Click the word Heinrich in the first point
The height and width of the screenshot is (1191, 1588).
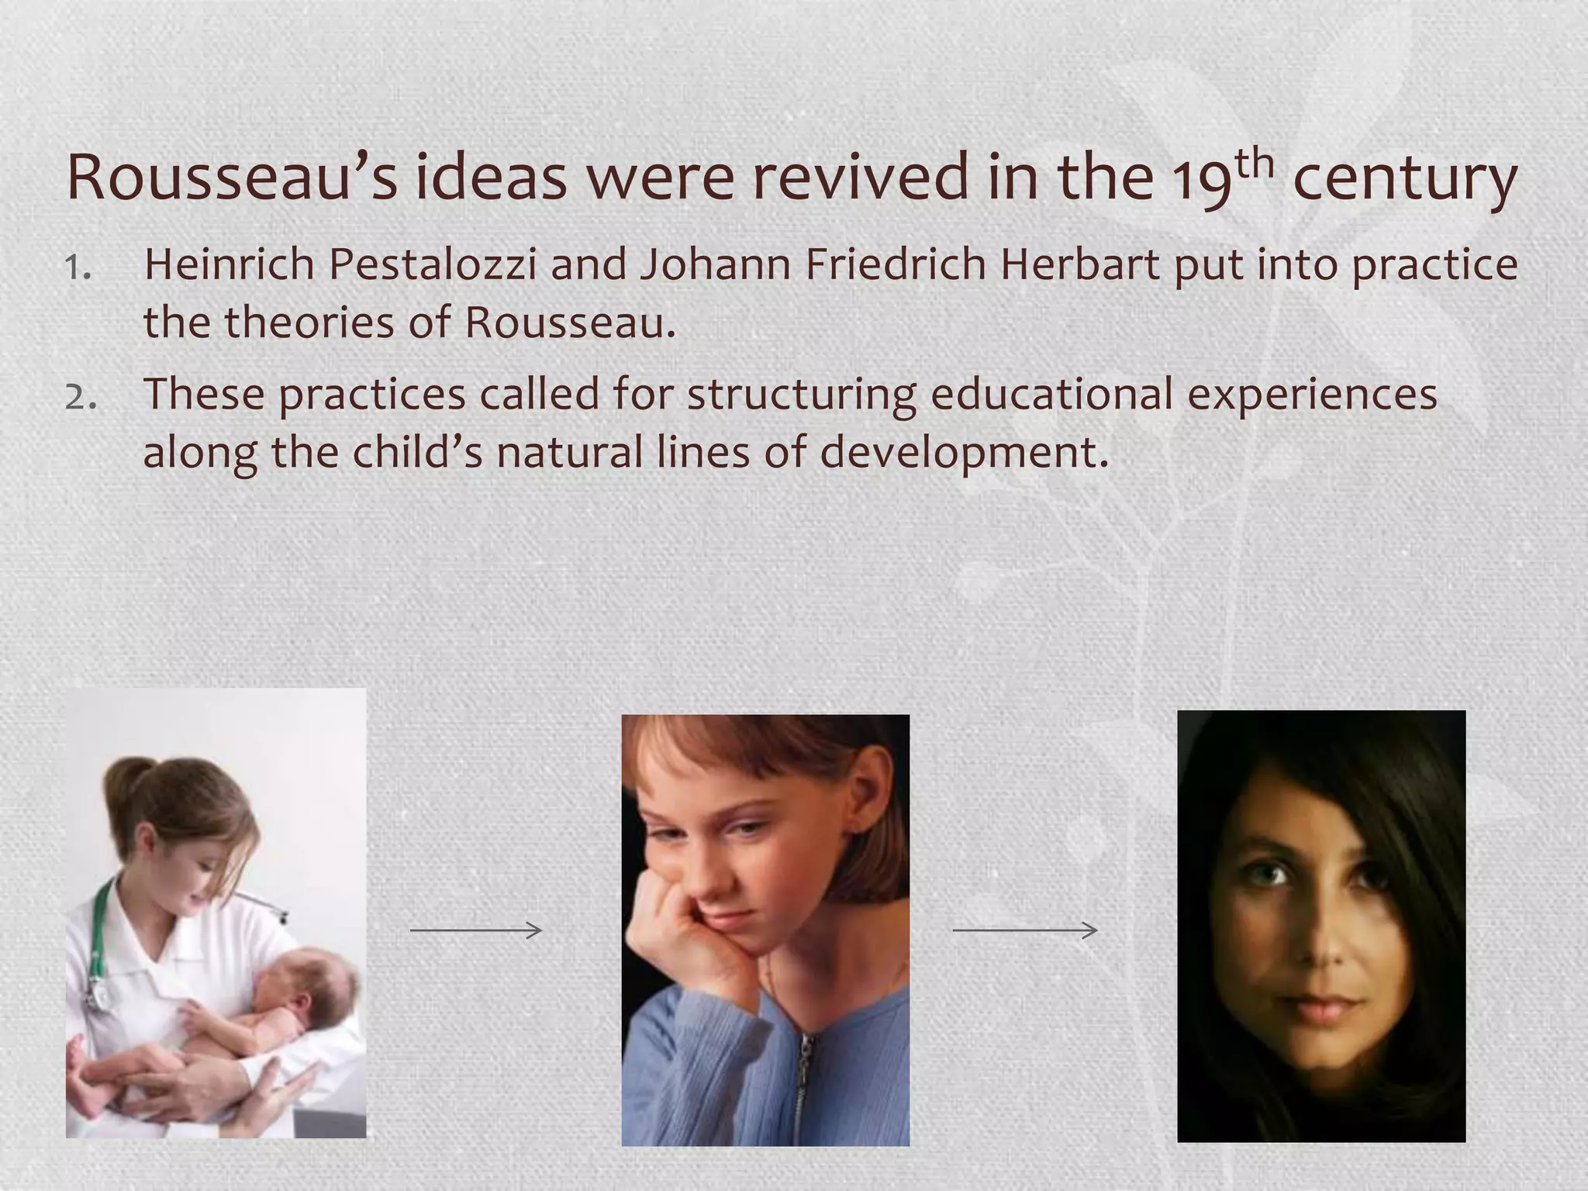click(x=229, y=264)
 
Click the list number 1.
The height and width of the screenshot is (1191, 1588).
click(x=78, y=268)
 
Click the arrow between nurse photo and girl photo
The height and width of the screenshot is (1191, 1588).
click(x=475, y=930)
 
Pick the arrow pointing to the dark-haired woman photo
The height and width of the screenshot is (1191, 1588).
click(x=1024, y=930)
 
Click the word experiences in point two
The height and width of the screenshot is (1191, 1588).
click(x=1312, y=395)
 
